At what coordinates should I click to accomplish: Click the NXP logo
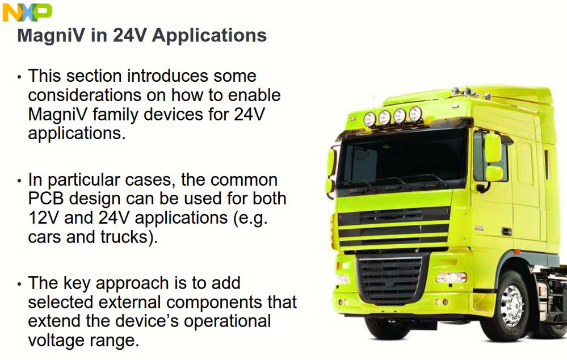pyautogui.click(x=27, y=12)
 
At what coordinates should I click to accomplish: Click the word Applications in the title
pyautogui.click(x=209, y=36)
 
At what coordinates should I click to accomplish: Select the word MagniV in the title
pyautogui.click(x=51, y=36)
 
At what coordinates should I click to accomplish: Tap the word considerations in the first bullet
pyautogui.click(x=85, y=95)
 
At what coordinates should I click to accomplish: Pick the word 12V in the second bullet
pyautogui.click(x=43, y=218)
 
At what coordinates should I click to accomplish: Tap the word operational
pyautogui.click(x=228, y=321)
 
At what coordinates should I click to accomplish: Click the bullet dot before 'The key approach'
pyautogui.click(x=19, y=284)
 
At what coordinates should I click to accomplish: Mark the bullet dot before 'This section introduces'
pyautogui.click(x=19, y=77)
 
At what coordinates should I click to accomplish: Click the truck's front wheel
pyautogui.click(x=511, y=306)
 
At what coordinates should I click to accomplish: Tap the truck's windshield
pyautogui.click(x=401, y=158)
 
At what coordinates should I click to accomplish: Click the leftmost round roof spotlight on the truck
pyautogui.click(x=369, y=119)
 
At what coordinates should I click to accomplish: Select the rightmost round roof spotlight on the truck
pyautogui.click(x=415, y=114)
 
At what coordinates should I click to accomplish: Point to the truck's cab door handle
pyautogui.click(x=506, y=231)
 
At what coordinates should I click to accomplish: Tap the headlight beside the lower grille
pyautogui.click(x=451, y=278)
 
